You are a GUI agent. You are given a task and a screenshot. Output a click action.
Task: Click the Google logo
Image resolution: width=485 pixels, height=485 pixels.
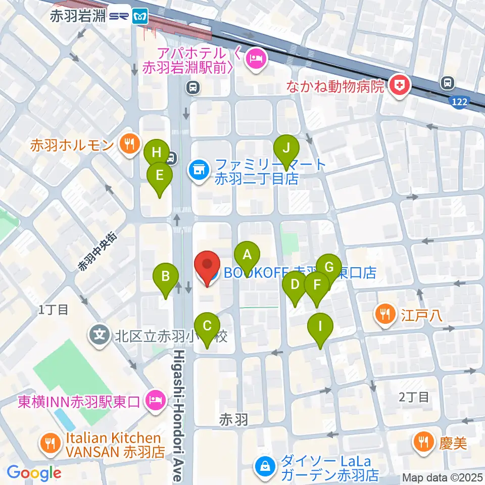[x=34, y=473]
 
